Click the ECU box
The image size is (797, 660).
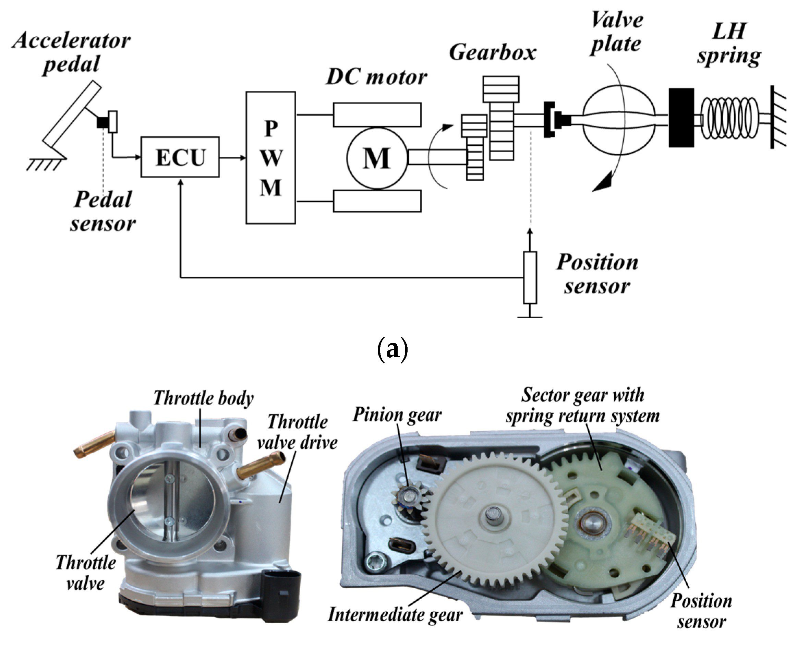point(180,157)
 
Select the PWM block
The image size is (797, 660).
point(270,157)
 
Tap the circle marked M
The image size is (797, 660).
point(377,158)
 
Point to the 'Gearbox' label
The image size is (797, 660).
point(492,52)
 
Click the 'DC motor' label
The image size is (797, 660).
point(376,77)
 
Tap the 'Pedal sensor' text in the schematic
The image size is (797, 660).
point(103,211)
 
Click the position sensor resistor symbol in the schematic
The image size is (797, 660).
point(530,277)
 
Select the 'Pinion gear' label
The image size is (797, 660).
point(397,415)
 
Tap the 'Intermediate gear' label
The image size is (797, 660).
point(395,615)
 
